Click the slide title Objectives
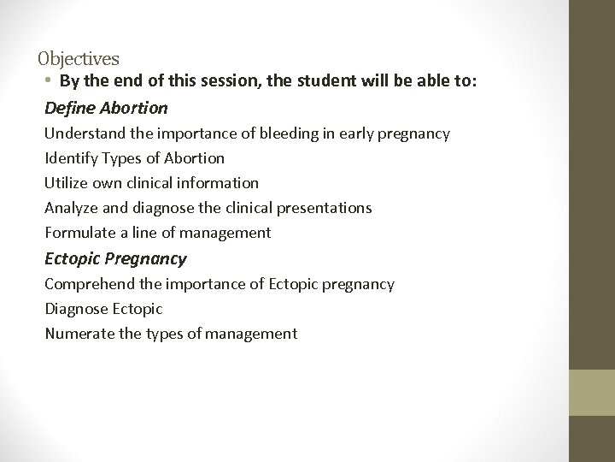click(79, 59)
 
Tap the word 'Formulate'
click(78, 233)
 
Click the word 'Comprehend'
click(87, 284)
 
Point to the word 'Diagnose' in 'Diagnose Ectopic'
click(75, 309)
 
